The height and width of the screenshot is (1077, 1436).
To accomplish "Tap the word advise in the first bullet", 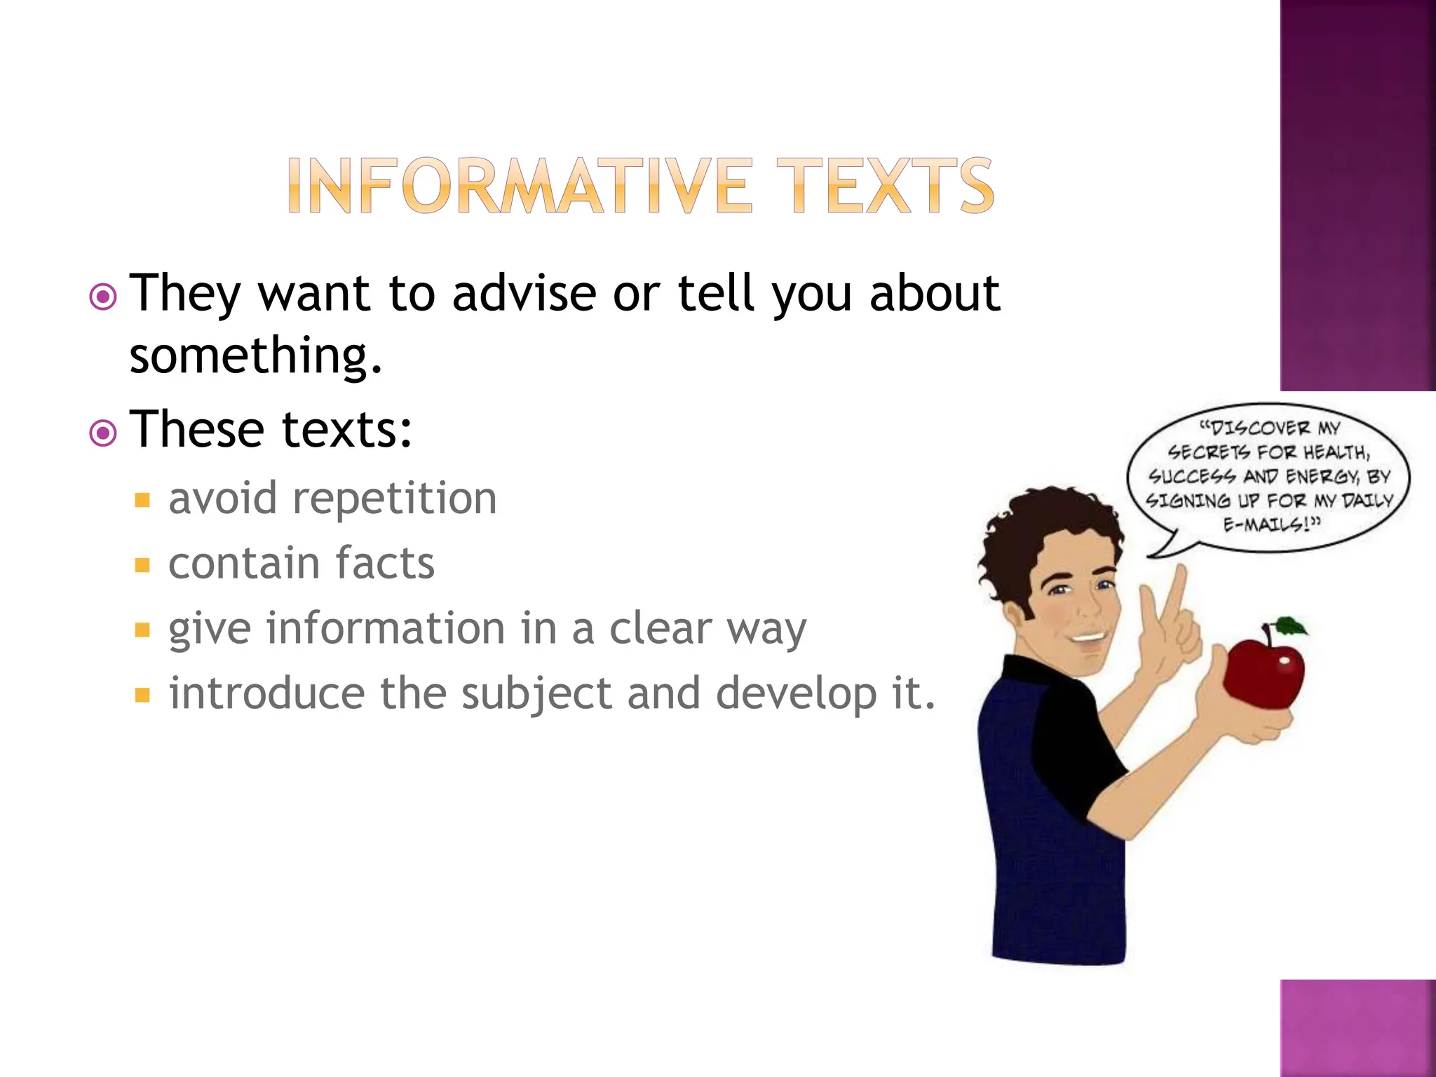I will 524,293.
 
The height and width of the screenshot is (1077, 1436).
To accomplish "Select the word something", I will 256,355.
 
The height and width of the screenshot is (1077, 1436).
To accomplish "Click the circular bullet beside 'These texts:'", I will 103,433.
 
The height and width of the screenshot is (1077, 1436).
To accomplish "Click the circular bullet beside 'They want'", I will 103,297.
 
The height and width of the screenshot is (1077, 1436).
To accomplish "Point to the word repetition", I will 394,499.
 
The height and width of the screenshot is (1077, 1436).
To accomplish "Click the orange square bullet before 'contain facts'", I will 143,565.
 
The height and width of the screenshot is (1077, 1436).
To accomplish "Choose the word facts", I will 385,563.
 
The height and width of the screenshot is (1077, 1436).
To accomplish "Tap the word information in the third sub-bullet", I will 386,628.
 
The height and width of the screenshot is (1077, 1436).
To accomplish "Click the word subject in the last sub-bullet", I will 536,694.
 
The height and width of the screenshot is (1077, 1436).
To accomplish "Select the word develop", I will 796,694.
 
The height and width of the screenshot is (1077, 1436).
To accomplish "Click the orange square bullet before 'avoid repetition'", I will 143,500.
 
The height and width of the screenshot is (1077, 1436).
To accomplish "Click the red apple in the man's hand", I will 1262,673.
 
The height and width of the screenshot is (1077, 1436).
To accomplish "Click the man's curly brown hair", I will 1038,533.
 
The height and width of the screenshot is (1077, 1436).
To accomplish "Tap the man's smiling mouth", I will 1088,637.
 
